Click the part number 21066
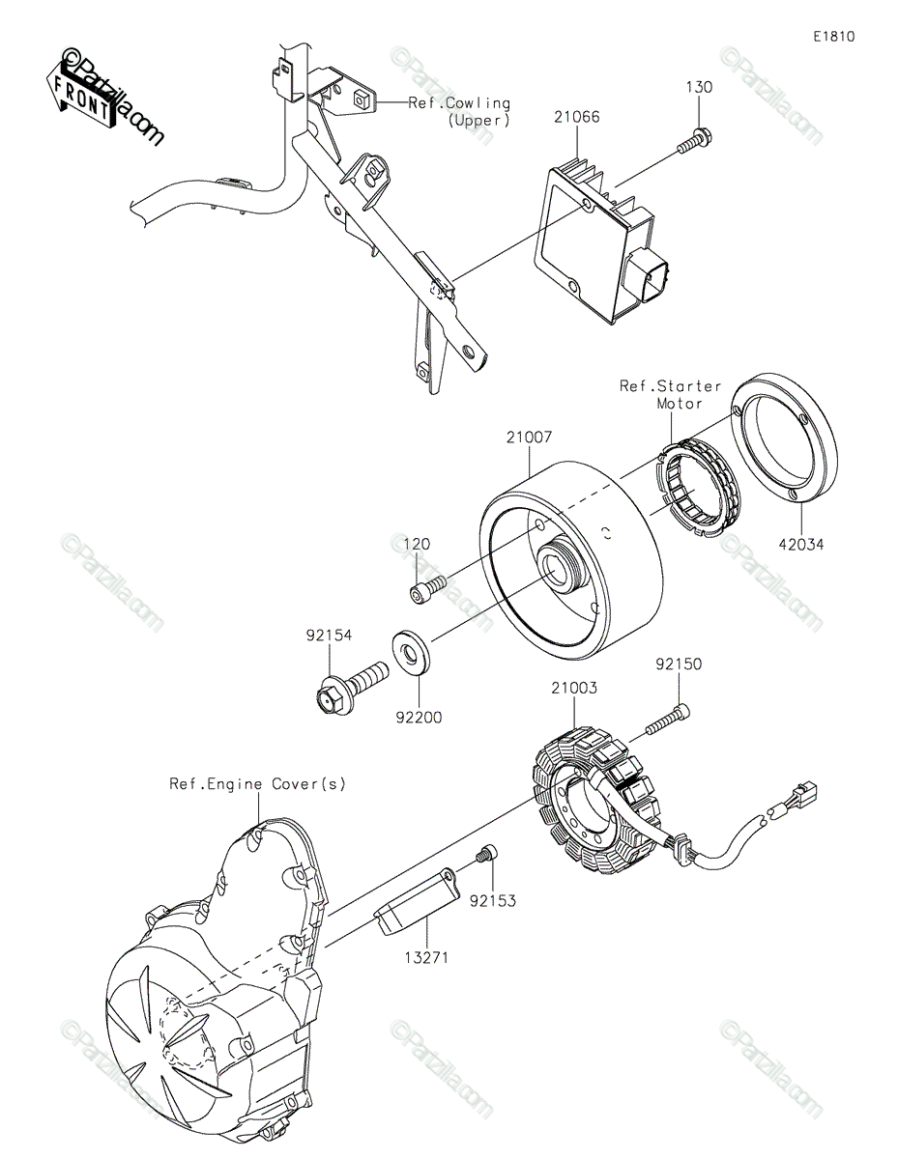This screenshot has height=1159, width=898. click(577, 117)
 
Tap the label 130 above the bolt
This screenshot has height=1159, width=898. click(699, 87)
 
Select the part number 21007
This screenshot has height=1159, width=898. click(528, 438)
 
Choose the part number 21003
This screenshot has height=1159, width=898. click(574, 689)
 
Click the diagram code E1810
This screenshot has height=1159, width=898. click(833, 37)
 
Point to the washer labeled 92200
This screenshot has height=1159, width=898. click(413, 652)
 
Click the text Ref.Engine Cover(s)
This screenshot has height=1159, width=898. click(257, 783)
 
